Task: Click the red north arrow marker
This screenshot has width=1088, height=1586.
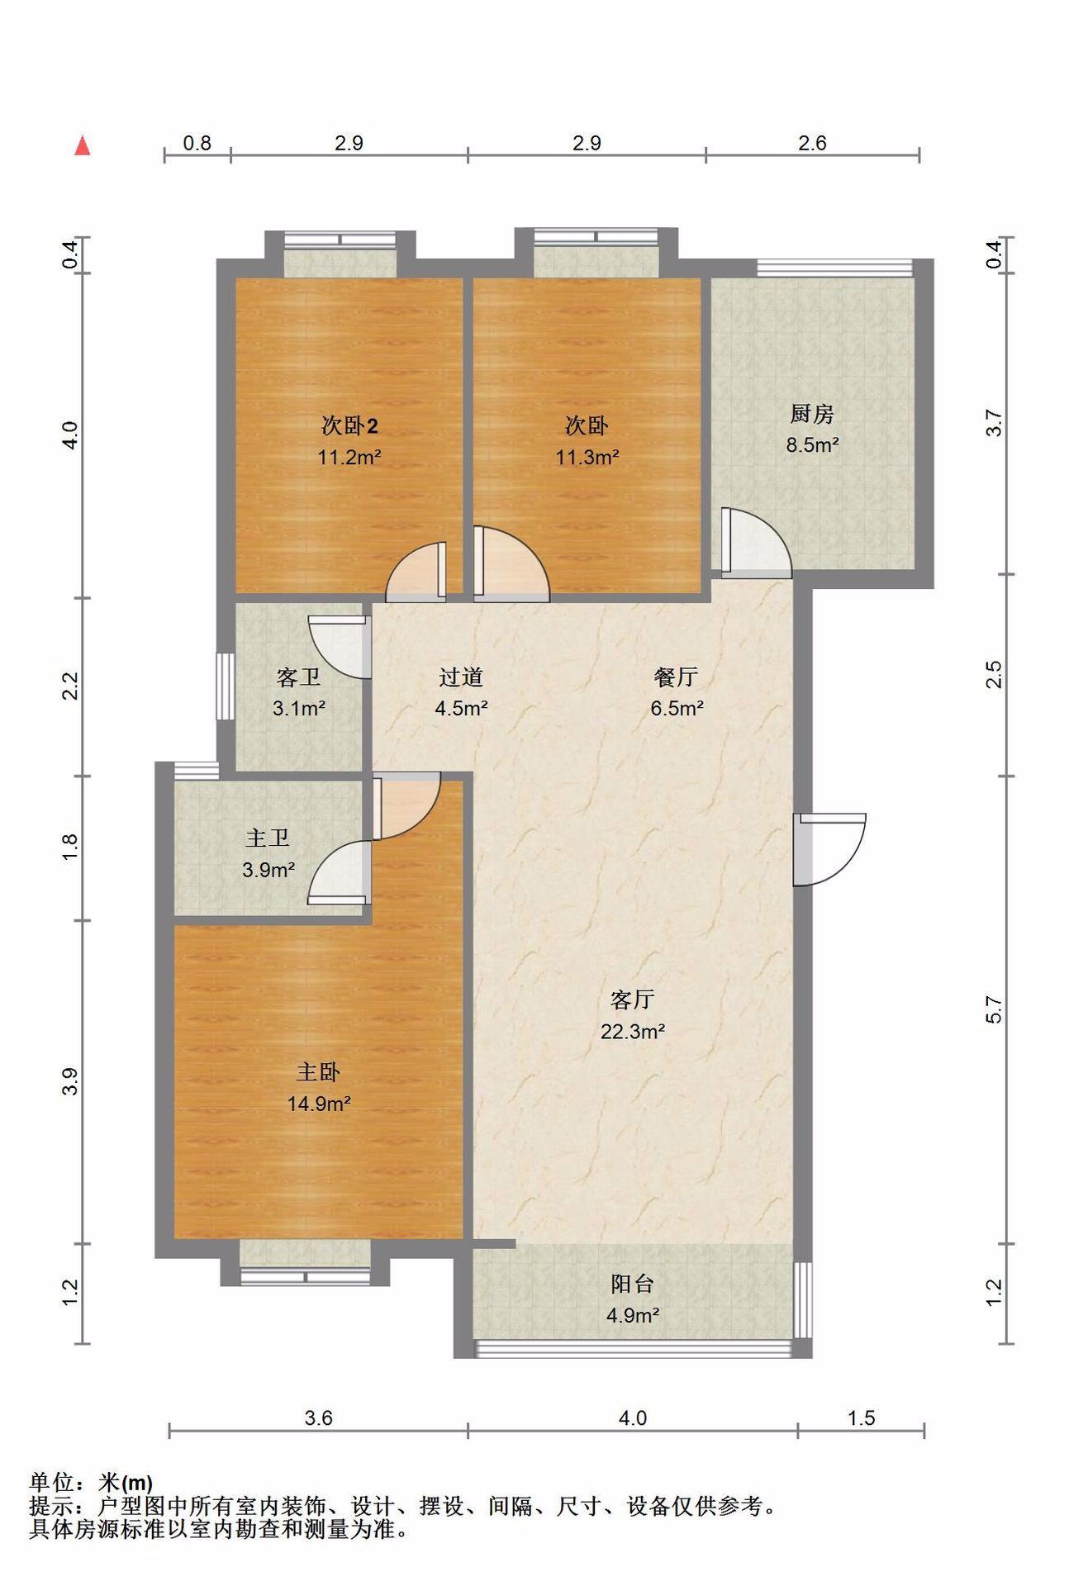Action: tap(82, 145)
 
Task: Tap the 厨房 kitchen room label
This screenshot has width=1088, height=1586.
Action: tap(812, 413)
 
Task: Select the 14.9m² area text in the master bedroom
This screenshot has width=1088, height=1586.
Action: tap(319, 1104)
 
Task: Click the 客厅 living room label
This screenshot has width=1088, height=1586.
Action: tap(633, 1000)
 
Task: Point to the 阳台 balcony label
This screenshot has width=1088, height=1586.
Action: tap(633, 1284)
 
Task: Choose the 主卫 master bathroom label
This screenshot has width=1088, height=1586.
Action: tap(268, 838)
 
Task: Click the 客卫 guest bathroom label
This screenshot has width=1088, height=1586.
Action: tap(298, 677)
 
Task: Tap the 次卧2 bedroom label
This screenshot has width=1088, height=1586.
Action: tap(349, 425)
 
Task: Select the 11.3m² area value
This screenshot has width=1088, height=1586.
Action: tap(587, 457)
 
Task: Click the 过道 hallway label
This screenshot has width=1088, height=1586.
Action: tap(461, 677)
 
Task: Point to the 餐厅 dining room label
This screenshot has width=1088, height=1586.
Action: tap(677, 677)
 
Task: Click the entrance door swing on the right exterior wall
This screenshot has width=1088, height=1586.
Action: tap(829, 849)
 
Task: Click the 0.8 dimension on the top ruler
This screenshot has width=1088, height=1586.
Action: tap(197, 143)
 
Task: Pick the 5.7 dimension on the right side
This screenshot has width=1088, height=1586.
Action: tap(995, 1009)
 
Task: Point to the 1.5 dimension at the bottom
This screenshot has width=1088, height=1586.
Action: tap(861, 1417)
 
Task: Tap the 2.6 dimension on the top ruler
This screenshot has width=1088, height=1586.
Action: tap(812, 143)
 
